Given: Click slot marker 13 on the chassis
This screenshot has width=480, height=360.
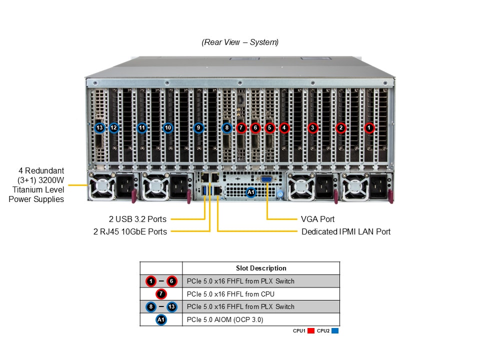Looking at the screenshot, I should [99, 128].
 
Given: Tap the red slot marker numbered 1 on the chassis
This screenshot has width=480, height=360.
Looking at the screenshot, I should [369, 128].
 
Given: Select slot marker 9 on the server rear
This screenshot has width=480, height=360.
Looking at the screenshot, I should [198, 128].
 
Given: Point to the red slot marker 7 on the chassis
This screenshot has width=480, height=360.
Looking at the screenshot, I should [241, 128].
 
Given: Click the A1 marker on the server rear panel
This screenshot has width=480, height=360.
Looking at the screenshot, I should [251, 191].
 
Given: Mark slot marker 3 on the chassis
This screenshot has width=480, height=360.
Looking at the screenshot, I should [313, 128].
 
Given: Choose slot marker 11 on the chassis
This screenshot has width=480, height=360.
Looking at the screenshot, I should [142, 128].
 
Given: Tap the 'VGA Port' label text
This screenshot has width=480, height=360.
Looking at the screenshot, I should [317, 219].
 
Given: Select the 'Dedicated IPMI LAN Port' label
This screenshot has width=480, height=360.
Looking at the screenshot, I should [346, 231].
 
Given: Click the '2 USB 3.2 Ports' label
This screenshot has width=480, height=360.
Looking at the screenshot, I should [138, 219].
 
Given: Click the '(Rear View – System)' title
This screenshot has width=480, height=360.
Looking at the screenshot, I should [240, 42].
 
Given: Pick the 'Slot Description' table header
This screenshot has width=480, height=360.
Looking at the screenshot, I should [261, 268].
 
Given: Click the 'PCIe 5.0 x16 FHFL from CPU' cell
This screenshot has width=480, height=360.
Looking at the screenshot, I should [230, 294].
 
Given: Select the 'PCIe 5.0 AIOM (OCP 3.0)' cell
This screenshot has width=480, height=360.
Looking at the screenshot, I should [224, 319].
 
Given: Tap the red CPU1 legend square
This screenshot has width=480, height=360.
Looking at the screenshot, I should [311, 331].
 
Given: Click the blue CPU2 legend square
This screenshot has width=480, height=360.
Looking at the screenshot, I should [335, 331].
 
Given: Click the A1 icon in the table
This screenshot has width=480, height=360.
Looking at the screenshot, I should [161, 319].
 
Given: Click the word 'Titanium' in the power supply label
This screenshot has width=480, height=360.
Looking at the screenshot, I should [26, 189].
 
